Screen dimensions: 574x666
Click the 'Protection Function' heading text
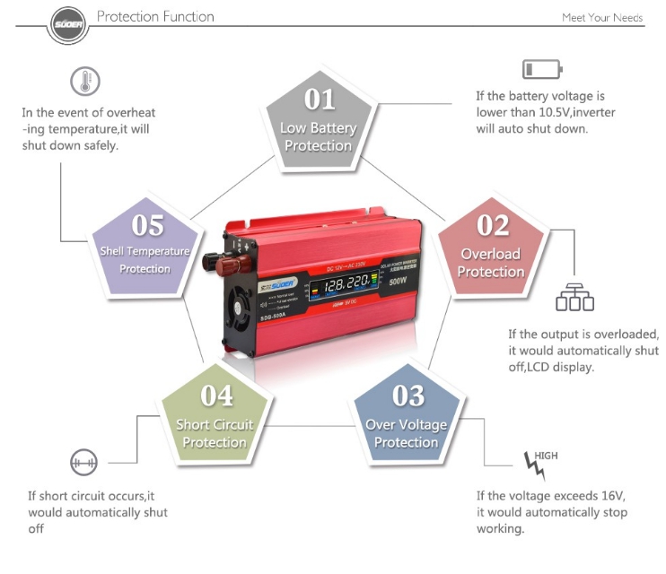[155, 16]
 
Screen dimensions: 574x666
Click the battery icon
[541, 69]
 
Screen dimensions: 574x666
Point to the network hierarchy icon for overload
[574, 298]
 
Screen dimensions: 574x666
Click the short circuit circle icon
[82, 463]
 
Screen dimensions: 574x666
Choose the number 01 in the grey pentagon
[320, 99]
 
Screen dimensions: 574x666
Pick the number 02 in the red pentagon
[493, 225]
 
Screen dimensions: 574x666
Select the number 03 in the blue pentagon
[408, 395]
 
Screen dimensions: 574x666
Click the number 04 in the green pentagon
[216, 395]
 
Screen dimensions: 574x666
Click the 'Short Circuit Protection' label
[215, 433]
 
